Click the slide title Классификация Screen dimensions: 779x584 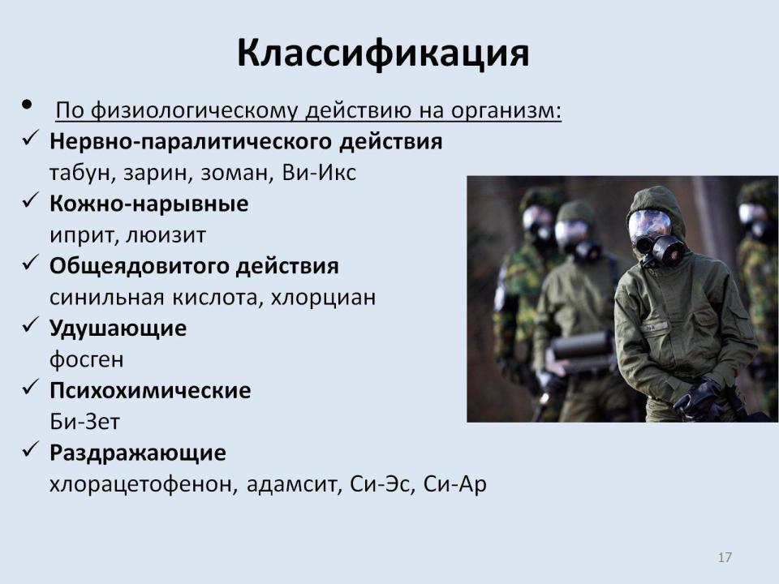(383, 54)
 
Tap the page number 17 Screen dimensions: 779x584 (725, 557)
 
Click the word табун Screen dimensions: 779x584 (79, 174)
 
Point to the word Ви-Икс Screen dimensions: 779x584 (319, 172)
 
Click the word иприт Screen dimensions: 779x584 (82, 236)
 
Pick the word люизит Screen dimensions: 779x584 (166, 235)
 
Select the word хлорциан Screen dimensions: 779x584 (324, 298)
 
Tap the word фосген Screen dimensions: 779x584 (87, 359)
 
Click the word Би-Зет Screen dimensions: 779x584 (84, 422)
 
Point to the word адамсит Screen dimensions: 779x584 (291, 484)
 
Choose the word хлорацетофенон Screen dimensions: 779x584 (140, 484)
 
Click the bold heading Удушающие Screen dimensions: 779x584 (118, 328)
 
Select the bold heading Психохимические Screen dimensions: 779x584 (150, 390)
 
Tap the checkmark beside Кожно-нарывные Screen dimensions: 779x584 (30, 200)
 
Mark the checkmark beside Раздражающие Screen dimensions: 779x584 (30, 449)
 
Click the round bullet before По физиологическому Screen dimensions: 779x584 (27, 105)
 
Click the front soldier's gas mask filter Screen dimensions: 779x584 (669, 250)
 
